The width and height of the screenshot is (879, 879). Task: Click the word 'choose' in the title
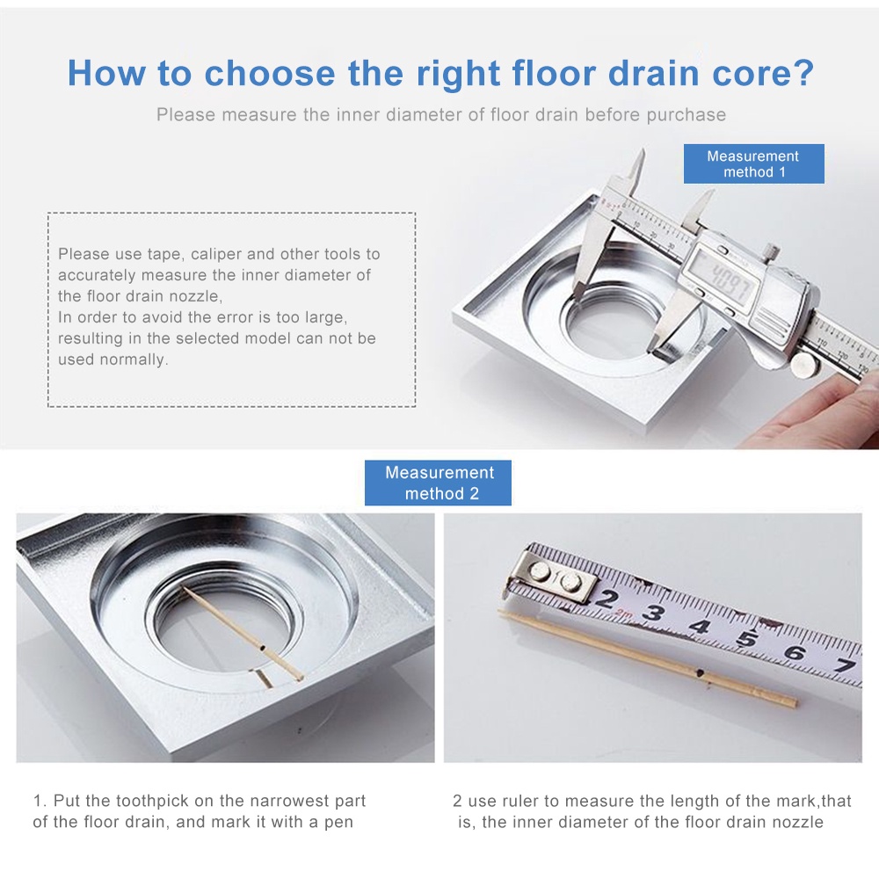pyautogui.click(x=270, y=74)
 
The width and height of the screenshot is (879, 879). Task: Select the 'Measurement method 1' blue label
pyautogui.click(x=753, y=163)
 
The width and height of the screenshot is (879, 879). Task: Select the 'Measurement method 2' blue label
pyautogui.click(x=438, y=483)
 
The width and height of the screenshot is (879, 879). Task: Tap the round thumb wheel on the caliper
pyautogui.click(x=804, y=365)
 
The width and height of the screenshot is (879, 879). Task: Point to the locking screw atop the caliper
pyautogui.click(x=772, y=250)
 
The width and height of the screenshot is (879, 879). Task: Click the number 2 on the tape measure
pyautogui.click(x=606, y=598)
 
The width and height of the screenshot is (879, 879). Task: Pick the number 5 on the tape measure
pyautogui.click(x=747, y=638)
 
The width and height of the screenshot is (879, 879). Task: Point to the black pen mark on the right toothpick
pyautogui.click(x=699, y=672)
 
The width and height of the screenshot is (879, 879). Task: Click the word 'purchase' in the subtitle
pyautogui.click(x=686, y=115)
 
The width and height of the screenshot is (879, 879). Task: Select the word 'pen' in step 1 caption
pyautogui.click(x=338, y=824)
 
